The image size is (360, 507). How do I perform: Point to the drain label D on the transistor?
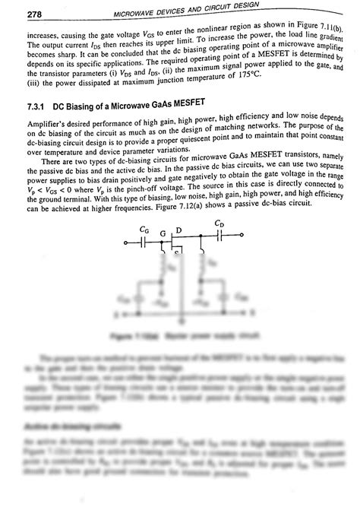point(178,230)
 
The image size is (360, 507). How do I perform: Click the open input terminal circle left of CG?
point(125,242)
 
